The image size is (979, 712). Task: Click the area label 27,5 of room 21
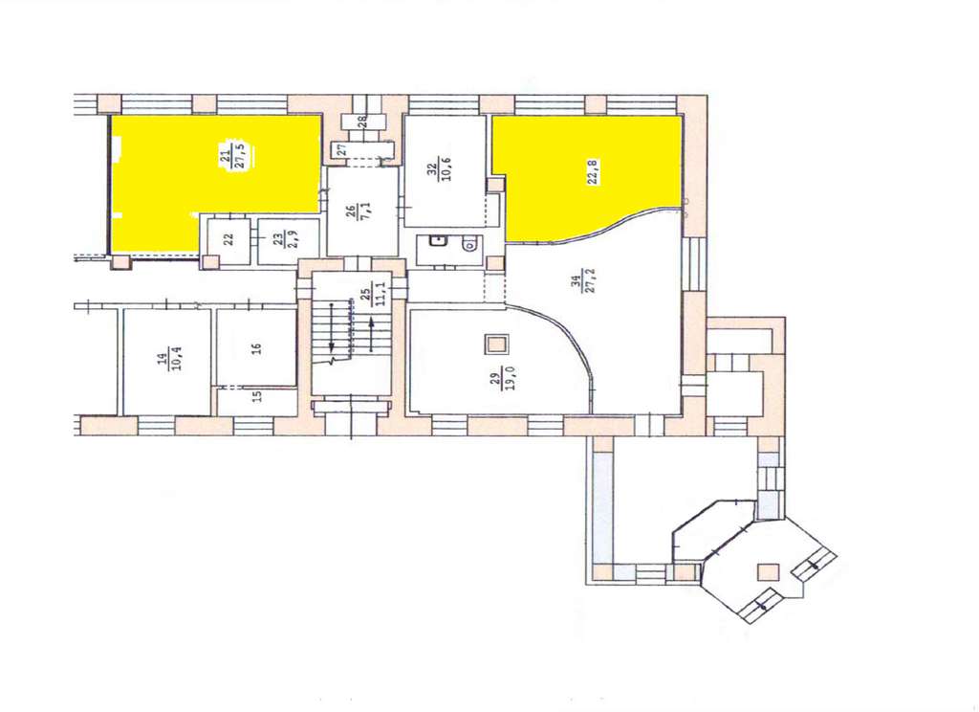[240, 155]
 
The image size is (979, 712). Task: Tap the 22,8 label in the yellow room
[593, 172]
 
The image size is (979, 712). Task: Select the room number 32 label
[431, 168]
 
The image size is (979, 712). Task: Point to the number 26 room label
[353, 211]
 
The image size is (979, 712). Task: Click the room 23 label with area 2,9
[283, 238]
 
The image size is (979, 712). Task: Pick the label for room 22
[228, 239]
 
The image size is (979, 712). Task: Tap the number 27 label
[341, 150]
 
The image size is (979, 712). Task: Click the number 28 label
[361, 122]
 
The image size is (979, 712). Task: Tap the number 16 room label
[256, 348]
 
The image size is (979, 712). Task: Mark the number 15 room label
[257, 396]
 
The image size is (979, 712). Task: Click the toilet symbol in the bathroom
[470, 246]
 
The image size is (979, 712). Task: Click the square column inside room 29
[497, 345]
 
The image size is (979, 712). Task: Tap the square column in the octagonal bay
[768, 572]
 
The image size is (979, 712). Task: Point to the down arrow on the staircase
[332, 327]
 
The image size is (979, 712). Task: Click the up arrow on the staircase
[372, 334]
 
